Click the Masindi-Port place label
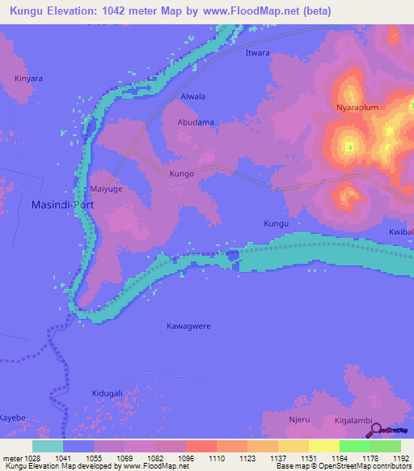click(x=62, y=205)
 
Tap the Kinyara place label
click(x=28, y=78)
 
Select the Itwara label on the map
click(x=257, y=53)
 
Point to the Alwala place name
click(x=192, y=96)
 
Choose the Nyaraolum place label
click(x=357, y=107)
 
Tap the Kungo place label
click(x=182, y=174)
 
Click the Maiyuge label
click(x=107, y=192)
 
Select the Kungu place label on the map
click(x=276, y=223)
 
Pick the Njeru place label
click(x=299, y=421)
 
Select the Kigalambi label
click(x=353, y=422)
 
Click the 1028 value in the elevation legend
click(x=25, y=457)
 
